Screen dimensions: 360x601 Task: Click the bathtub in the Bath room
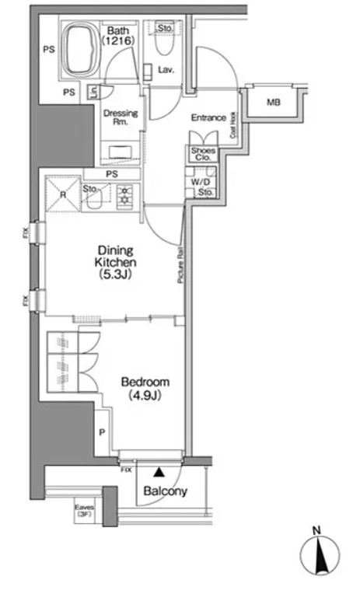(81, 49)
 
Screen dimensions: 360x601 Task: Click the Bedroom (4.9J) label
(145, 388)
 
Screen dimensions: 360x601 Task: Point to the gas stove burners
(125, 195)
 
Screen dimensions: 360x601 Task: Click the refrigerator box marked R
(63, 194)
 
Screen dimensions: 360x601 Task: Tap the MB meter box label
(274, 103)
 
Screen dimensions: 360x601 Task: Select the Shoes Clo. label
(203, 154)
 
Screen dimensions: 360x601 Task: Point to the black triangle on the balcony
(158, 473)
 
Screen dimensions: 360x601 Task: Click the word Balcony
(166, 491)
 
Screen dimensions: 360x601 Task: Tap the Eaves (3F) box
(84, 511)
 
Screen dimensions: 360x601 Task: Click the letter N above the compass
(316, 531)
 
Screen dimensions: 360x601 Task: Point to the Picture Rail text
(180, 265)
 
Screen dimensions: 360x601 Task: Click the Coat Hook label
(232, 125)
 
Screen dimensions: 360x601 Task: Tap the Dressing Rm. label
(121, 117)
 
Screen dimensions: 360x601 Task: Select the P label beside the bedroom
(102, 433)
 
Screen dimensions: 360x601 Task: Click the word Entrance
(208, 117)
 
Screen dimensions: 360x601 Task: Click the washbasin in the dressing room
(119, 152)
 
